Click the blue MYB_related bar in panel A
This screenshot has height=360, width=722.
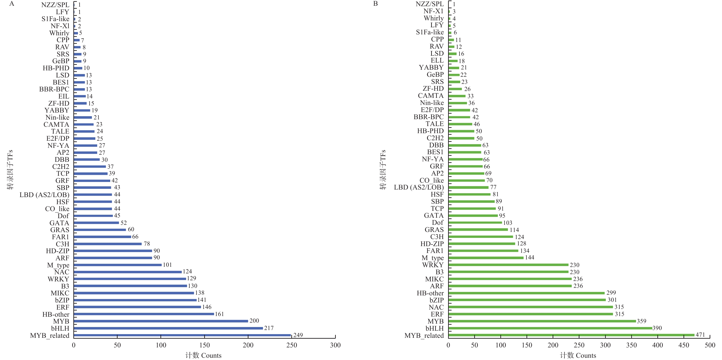tap(182, 335)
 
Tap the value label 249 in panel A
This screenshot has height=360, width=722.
tap(298, 335)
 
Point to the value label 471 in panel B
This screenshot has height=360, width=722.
tap(700, 335)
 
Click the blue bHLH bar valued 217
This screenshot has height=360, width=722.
tap(168, 328)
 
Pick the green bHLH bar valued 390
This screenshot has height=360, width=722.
tap(550, 328)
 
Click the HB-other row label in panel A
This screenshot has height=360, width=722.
tap(55, 314)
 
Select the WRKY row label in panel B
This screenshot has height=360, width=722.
tap(433, 265)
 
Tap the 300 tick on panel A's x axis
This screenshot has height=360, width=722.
tap(335, 345)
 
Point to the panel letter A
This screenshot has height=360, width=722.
tap(11, 4)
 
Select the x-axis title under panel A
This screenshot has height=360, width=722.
tap(203, 355)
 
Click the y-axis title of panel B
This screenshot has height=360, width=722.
tap(383, 170)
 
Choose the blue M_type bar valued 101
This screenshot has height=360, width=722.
tap(118, 265)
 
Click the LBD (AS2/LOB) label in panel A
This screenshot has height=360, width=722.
tap(44, 195)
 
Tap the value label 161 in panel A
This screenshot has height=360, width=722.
tap(219, 314)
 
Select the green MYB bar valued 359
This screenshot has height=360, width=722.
tap(542, 321)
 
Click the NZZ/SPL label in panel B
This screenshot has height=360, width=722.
tap(430, 4)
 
